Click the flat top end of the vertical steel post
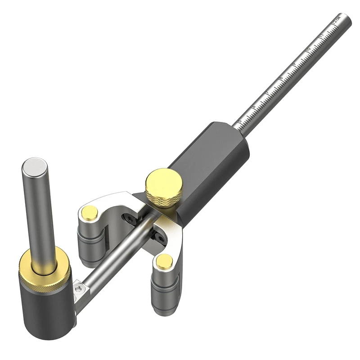[x=35, y=166]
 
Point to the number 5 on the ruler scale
[x=240, y=121]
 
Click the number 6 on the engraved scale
[x=253, y=107]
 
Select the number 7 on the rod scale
[x=267, y=93]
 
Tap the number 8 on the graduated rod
[x=280, y=79]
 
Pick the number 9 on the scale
[x=294, y=64]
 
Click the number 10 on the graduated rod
[x=308, y=49]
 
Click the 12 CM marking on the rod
[x=335, y=20]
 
